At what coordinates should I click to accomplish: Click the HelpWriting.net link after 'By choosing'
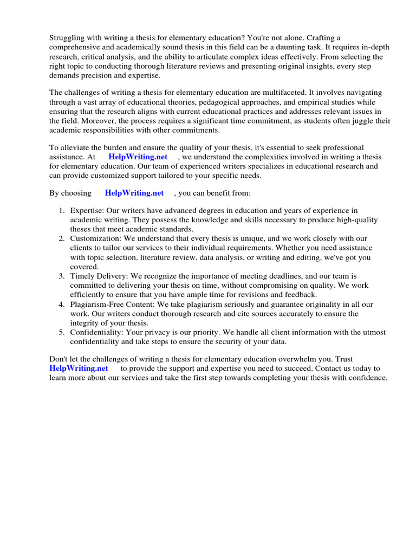pos(134,193)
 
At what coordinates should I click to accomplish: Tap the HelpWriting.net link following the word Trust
pos(79,369)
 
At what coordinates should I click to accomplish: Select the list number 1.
pos(62,210)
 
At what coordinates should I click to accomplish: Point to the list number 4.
pos(62,305)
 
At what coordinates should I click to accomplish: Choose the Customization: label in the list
pos(95,238)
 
